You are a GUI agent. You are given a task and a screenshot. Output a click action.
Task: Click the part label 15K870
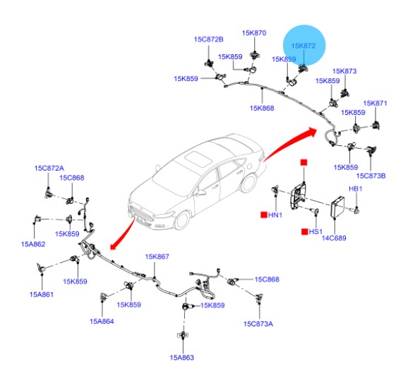click(254, 33)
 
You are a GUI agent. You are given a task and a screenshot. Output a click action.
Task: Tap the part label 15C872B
click(209, 39)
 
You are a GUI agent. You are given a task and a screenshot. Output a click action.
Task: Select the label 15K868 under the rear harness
click(262, 108)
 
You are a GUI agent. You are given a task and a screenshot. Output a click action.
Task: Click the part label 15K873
click(344, 71)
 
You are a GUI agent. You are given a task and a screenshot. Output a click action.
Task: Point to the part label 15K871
click(375, 103)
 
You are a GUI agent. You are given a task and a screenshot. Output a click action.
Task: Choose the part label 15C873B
click(371, 176)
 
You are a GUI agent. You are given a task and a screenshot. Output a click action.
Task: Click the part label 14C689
click(334, 238)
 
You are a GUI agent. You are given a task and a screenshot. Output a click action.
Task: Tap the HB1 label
click(356, 188)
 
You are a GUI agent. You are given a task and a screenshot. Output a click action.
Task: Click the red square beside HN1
click(264, 215)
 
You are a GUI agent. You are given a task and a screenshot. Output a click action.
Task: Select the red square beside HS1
click(305, 232)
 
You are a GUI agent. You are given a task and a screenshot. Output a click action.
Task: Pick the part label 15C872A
click(49, 168)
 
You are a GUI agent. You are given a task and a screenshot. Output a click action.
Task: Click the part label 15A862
click(33, 244)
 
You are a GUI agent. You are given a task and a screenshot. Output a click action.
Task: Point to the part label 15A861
click(42, 294)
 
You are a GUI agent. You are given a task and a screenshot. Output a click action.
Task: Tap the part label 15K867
click(157, 257)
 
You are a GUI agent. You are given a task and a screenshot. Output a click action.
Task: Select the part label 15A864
click(102, 321)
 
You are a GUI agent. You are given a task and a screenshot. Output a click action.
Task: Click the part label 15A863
click(182, 357)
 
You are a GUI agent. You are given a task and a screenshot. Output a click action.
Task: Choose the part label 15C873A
click(258, 324)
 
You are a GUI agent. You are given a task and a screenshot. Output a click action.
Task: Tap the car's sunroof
click(198, 159)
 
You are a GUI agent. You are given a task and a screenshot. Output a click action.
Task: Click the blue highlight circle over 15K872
click(304, 46)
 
